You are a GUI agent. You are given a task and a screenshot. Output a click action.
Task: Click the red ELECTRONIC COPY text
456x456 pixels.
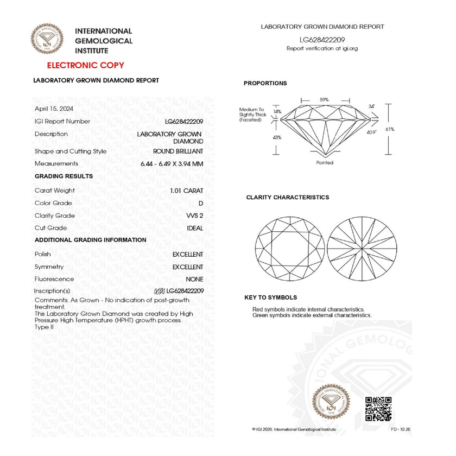click(85, 66)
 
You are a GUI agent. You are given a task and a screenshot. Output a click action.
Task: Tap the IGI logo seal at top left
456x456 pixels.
click(46, 39)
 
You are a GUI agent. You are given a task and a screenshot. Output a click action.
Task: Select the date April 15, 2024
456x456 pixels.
click(54, 109)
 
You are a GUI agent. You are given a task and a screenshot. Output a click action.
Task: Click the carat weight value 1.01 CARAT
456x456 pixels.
click(186, 191)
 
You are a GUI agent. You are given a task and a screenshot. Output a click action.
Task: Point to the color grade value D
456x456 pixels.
click(201, 203)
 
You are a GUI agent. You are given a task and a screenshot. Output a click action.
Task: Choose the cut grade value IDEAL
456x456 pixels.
click(195, 228)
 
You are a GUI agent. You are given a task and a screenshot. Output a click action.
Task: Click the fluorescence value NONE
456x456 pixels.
click(194, 279)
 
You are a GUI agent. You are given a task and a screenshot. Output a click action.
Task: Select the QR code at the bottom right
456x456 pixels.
click(378, 409)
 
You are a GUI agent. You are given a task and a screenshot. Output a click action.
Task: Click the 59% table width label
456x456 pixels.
click(324, 100)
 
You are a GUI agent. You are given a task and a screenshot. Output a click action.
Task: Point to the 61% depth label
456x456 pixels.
click(405, 129)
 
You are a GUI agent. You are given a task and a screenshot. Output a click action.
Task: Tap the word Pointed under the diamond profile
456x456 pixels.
click(325, 163)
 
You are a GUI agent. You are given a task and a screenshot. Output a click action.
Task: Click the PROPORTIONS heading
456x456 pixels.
click(265, 84)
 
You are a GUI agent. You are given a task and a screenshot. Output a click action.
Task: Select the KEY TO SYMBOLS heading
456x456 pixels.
click(270, 297)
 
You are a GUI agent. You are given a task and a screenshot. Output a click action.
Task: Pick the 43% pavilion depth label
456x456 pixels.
click(277, 137)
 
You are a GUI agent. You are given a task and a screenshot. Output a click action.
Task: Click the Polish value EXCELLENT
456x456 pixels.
click(188, 255)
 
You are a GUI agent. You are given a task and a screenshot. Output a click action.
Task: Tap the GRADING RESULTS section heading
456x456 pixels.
click(64, 176)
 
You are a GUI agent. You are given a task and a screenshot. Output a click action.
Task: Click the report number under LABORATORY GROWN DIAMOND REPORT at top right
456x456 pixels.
click(322, 40)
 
